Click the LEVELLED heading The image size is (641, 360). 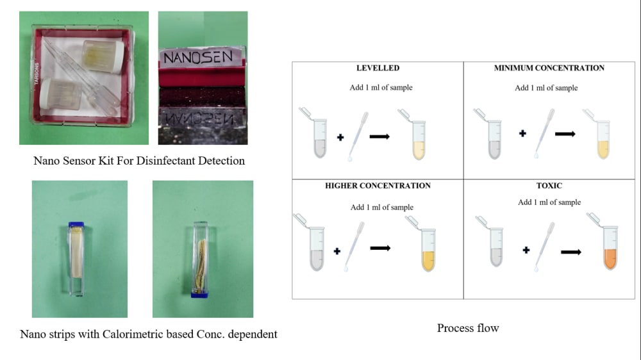click(378, 68)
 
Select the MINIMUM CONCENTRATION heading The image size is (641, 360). click(549, 68)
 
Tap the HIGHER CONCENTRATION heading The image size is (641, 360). click(378, 186)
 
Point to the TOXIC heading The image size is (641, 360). click(549, 186)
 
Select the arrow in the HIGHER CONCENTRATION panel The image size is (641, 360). click(380, 248)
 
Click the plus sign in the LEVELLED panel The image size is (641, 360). click(340, 137)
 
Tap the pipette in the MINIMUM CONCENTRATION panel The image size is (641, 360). click(542, 135)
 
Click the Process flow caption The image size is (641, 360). click(467, 328)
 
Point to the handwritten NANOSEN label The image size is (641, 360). click(202, 57)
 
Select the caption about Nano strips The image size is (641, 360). click(149, 334)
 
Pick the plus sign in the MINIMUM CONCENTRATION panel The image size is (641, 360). click(523, 134)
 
